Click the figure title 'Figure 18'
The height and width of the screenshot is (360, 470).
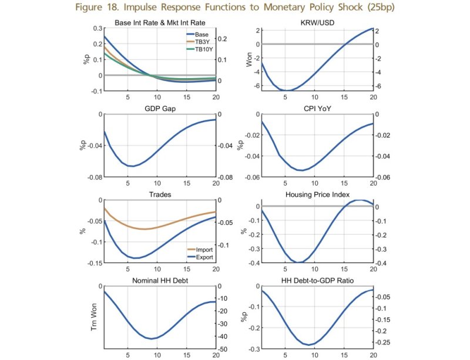tap(235, 10)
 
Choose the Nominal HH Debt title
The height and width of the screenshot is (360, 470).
tap(160, 280)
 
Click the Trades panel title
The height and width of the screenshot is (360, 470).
tap(160, 194)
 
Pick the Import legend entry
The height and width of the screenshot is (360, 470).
tap(203, 250)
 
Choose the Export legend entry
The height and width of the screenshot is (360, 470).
tap(203, 257)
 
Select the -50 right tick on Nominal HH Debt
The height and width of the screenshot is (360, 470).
tap(223, 349)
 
